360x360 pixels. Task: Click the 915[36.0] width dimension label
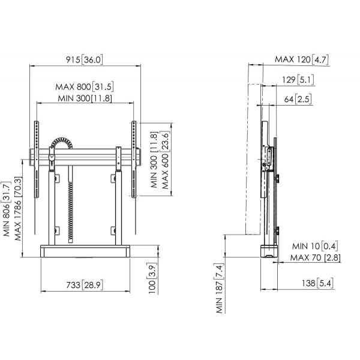[x=84, y=59]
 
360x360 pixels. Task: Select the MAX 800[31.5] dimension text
[x=85, y=87]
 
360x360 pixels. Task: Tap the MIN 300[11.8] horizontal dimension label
[x=85, y=98]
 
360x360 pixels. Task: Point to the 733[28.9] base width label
[x=85, y=285]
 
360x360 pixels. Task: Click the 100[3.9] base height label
[x=152, y=278]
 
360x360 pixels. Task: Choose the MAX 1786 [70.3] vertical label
[x=19, y=209]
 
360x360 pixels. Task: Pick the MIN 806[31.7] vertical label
[x=7, y=209]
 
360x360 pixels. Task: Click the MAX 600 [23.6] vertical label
[x=166, y=160]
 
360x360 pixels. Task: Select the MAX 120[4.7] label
[x=302, y=59]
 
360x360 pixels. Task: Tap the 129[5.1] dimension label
[x=298, y=80]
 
